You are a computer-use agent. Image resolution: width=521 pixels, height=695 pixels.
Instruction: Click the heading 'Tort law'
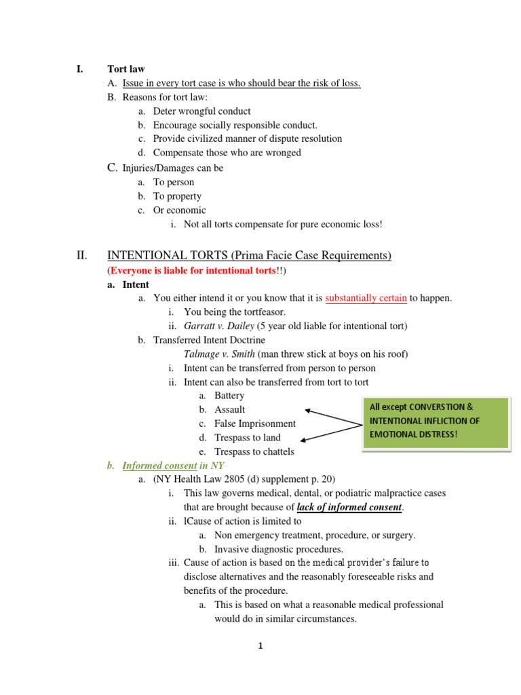pos(126,69)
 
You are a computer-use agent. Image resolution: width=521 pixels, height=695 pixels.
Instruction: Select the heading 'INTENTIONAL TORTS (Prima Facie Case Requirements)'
pos(250,255)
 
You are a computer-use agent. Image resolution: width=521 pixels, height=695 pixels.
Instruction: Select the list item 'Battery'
pos(229,396)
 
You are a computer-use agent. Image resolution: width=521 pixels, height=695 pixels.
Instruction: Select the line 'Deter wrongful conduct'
pos(201,111)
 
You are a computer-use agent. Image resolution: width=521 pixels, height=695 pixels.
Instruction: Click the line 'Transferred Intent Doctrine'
pos(209,340)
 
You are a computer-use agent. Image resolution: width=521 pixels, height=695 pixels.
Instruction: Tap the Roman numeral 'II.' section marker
pos(80,255)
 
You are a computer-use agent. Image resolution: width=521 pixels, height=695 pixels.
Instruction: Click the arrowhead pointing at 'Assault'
pos(309,410)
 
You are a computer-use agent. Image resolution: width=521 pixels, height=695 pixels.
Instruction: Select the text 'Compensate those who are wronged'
pos(227,153)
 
